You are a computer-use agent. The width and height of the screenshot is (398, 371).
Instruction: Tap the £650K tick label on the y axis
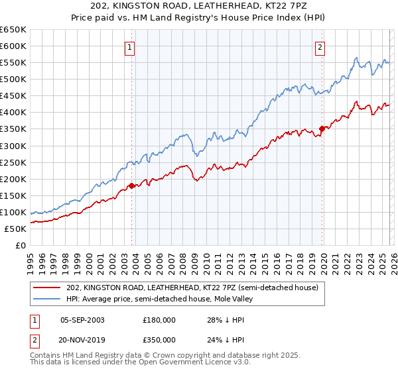13,30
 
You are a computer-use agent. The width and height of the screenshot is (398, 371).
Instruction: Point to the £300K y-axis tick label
13,146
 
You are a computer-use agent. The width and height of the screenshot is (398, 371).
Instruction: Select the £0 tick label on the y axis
20,245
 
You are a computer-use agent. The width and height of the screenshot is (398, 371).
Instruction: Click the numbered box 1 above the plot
129,47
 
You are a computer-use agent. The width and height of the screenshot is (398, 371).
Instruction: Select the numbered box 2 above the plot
320,47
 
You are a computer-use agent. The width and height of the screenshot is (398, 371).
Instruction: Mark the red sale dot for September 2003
131,185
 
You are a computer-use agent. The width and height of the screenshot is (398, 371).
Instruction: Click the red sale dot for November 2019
322,129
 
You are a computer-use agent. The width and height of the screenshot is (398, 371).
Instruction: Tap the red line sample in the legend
48,288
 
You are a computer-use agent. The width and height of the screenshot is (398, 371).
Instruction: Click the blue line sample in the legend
48,299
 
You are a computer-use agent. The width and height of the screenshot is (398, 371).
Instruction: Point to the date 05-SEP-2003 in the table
82,320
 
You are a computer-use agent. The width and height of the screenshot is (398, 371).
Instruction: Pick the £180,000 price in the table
159,320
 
